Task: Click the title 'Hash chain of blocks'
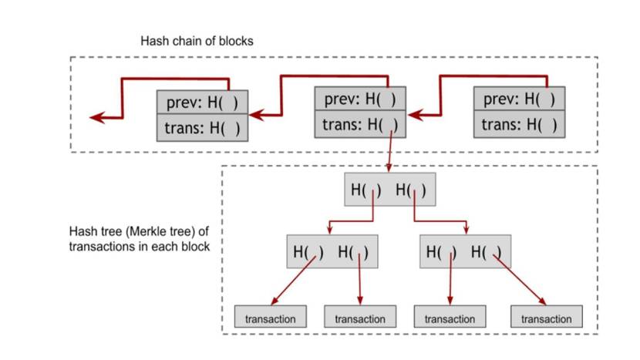pos(196,41)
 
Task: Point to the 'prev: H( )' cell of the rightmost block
pos(519,99)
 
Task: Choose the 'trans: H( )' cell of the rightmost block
pos(519,124)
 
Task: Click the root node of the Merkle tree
pos(389,190)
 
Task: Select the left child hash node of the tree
pos(332,251)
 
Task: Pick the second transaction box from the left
pos(360,318)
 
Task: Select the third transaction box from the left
pos(450,318)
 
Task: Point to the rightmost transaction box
pos(547,318)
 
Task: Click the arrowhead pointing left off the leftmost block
pos(96,118)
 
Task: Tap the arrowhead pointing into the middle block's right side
pos(414,115)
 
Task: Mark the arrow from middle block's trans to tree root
pos(390,150)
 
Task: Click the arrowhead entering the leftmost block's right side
pos(255,115)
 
